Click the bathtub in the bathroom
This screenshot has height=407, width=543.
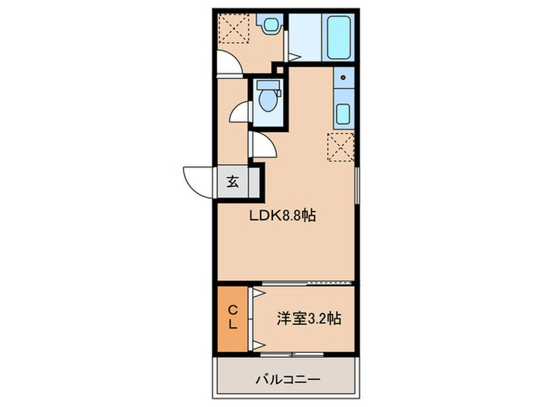pos(337,37)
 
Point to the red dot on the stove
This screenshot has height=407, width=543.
pos(342,78)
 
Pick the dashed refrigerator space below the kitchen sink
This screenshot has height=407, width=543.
pos(341,146)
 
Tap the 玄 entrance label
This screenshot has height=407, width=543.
pos(232,183)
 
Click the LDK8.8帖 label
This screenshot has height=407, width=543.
pos(281,217)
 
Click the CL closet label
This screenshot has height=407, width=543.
pos(232,318)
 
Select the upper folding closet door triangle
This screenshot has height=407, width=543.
pos(253,295)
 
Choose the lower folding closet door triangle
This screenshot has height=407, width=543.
pos(253,341)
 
